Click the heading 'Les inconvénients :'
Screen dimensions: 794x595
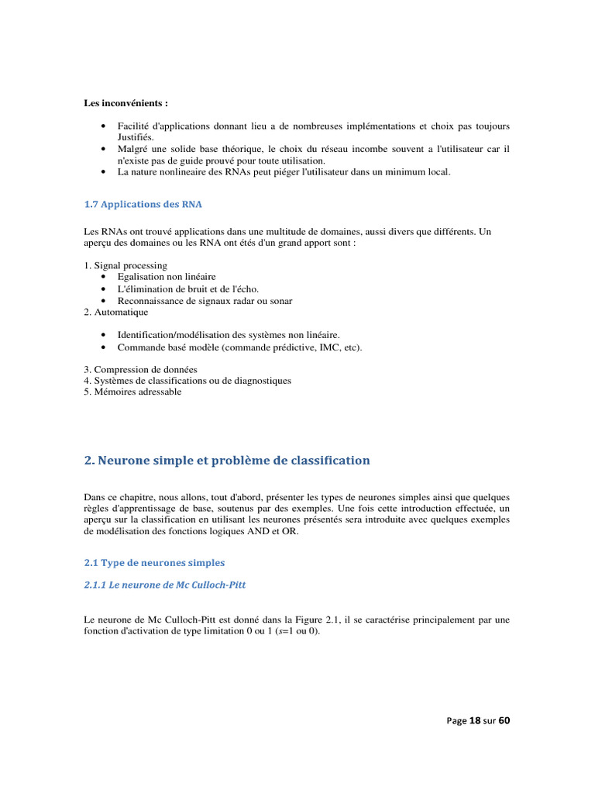(x=126, y=102)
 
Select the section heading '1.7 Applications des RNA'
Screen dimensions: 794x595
(x=143, y=204)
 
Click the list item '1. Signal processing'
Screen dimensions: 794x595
(x=126, y=265)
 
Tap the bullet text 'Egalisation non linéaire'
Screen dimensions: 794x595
(x=167, y=277)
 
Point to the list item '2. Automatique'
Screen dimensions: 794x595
(x=115, y=312)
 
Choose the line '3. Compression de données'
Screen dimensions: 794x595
(x=140, y=369)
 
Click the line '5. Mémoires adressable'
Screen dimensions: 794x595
(x=132, y=392)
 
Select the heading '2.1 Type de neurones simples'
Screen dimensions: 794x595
(x=154, y=562)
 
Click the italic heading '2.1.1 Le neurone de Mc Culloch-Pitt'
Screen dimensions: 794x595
(x=164, y=585)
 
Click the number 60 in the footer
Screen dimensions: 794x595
(x=504, y=720)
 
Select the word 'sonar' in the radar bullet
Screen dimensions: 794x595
(x=281, y=300)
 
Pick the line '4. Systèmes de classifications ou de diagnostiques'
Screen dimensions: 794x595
(x=187, y=381)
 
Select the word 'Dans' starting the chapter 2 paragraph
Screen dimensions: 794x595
(x=94, y=497)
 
